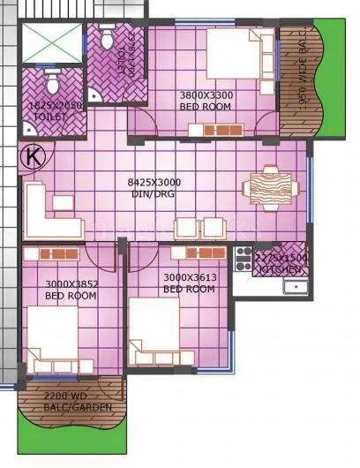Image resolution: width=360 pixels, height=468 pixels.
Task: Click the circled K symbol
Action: (34, 156)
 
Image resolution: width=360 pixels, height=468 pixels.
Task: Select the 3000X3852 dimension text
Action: (71, 283)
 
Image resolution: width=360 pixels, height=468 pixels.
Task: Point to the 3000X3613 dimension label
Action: (189, 277)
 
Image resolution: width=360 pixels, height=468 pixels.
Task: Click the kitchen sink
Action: (295, 285)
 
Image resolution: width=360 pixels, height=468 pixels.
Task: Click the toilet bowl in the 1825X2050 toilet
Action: (51, 83)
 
